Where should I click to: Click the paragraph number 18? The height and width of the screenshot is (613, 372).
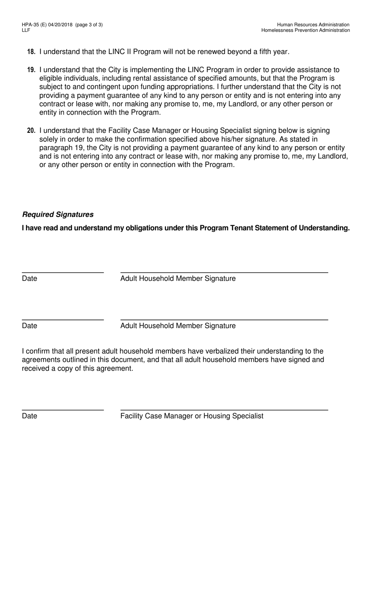pyautogui.click(x=31, y=52)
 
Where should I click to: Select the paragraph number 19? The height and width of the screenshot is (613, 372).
pyautogui.click(x=31, y=70)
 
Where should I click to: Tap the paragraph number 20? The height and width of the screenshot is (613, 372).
pyautogui.click(x=31, y=131)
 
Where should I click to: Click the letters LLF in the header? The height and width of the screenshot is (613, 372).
pyautogui.click(x=26, y=30)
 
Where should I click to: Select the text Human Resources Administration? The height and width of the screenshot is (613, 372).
pyautogui.click(x=313, y=25)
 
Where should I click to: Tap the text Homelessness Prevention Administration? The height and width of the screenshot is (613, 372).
pyautogui.click(x=305, y=30)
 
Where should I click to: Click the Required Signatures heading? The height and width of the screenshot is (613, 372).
pyautogui.click(x=58, y=214)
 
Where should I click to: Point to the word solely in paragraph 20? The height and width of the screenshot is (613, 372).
pyautogui.click(x=50, y=139)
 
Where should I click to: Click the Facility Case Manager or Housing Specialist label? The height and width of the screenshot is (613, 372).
pyautogui.click(x=192, y=416)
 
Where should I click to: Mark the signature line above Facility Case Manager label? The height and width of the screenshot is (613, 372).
pyautogui.click(x=224, y=410)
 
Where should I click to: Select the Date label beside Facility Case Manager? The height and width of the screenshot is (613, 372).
pyautogui.click(x=29, y=416)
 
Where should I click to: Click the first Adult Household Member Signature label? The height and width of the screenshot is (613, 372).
pyautogui.click(x=178, y=278)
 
